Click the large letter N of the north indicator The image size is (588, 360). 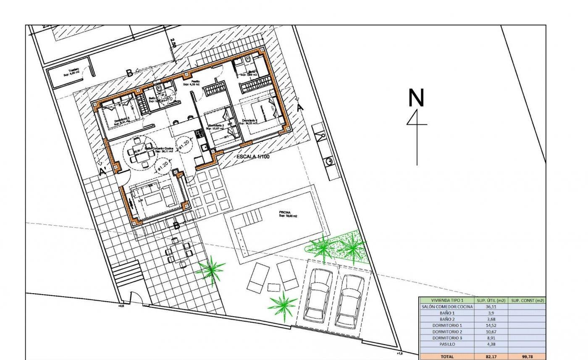coord(416,98)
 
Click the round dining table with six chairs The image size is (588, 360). coord(139,153)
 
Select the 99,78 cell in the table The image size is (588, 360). coord(527,357)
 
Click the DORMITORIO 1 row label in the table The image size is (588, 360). coord(447,326)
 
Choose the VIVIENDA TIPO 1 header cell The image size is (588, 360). coord(447,300)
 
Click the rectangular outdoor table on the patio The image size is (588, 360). coord(178,252)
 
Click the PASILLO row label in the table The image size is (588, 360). coord(447,344)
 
